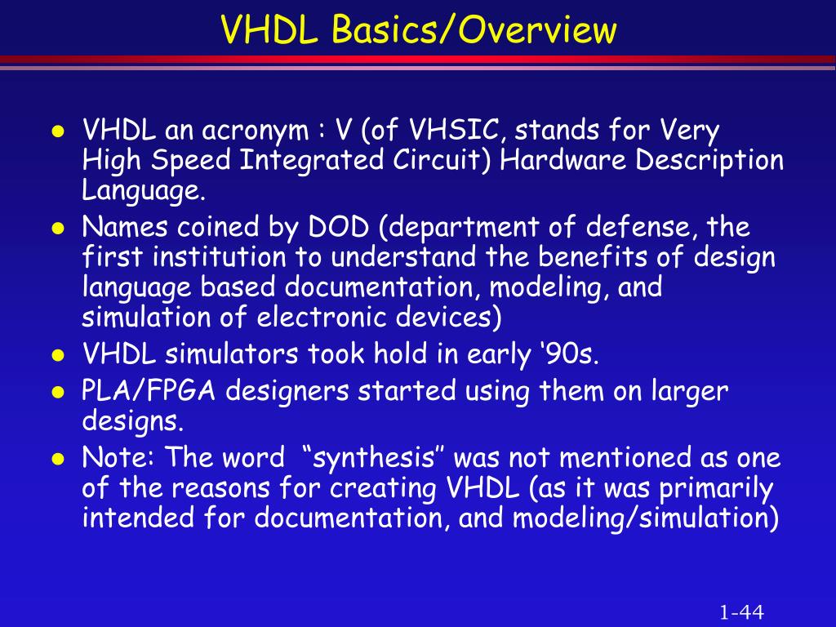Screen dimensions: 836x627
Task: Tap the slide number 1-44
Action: (741, 612)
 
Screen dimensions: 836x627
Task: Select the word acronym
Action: (256, 131)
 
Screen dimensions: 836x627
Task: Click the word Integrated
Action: (311, 161)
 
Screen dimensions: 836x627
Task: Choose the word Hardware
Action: (563, 160)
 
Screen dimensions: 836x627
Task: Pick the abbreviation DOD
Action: (339, 227)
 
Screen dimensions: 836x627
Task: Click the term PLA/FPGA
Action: (149, 391)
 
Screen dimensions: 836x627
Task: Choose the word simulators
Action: (231, 354)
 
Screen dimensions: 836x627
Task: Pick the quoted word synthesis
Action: (373, 458)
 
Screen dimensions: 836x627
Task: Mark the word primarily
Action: (717, 489)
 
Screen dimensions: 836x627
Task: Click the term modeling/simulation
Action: (646, 518)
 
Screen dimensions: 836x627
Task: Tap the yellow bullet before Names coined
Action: (58, 229)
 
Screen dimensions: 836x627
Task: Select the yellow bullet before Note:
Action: (58, 459)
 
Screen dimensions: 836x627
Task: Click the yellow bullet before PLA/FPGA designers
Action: (58, 393)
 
